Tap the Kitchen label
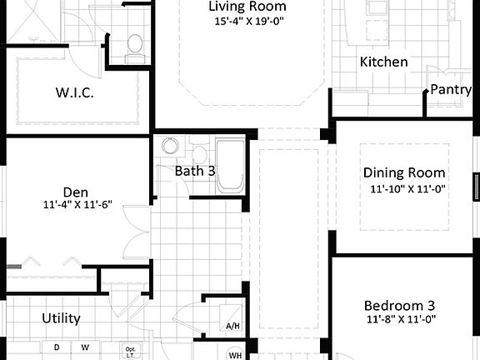coord(383,62)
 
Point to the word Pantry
coord(452,89)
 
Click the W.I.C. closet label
coord(75,92)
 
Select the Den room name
coord(76,190)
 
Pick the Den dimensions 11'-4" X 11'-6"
coord(76,204)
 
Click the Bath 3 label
coord(195,171)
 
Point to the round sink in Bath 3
coord(170,147)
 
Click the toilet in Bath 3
coord(200,153)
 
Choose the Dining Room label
coord(404,173)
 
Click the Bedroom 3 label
coord(400,305)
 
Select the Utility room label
coord(62,318)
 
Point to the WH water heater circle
coord(235,354)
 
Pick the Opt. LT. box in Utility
coord(130,351)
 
